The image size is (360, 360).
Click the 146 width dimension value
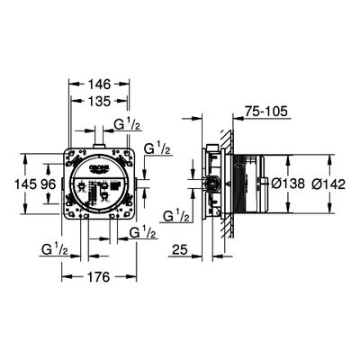pos(99,85)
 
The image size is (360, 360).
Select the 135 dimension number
pos(99,102)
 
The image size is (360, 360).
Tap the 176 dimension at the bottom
pos(99,277)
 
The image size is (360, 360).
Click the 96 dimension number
pos(49,184)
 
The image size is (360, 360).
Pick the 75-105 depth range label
pos(266,112)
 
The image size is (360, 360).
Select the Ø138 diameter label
pos(288,184)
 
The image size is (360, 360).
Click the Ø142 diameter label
pos(328,184)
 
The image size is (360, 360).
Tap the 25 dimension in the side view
pos(180,249)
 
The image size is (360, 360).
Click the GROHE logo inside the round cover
pos(98,168)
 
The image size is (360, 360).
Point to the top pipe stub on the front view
pos(98,146)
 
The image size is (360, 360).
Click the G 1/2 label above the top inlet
pos(127,124)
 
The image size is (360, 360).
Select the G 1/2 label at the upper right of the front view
pos(157,148)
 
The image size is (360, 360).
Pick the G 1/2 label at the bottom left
pos(55,249)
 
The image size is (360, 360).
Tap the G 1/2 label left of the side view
pos(177,215)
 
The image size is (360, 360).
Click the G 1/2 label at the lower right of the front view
pos(143,232)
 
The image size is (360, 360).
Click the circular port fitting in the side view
pos(212,184)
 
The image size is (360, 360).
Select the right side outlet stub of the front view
pos(137,184)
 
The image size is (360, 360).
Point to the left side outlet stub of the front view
pos(62,184)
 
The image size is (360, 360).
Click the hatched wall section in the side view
pos(228,184)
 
